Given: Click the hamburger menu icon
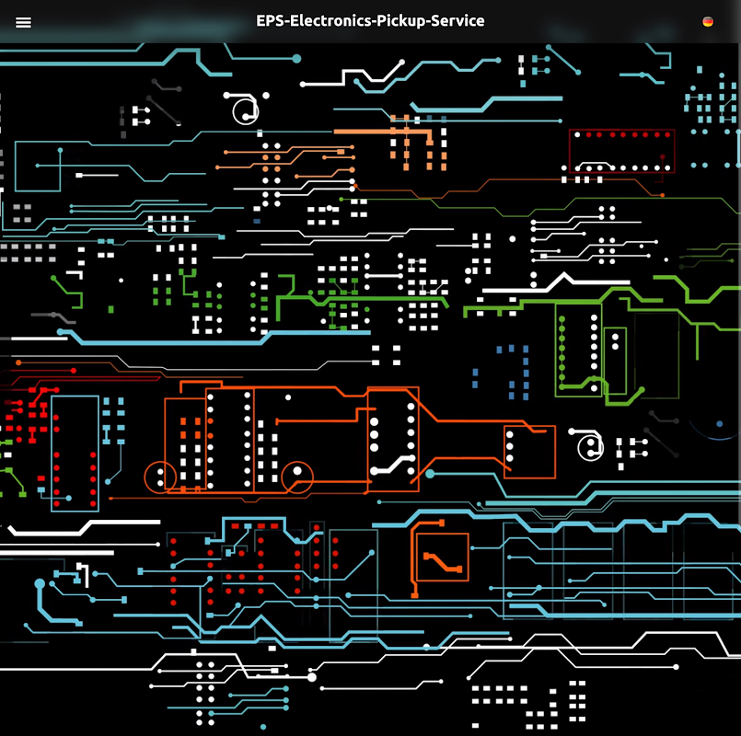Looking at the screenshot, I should point(24,22).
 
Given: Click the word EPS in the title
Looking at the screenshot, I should point(271,21).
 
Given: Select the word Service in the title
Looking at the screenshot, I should point(456,21).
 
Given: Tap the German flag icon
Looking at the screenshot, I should point(708,21).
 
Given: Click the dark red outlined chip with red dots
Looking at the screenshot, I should point(621,150).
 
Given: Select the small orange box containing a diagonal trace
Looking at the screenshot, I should point(442,558).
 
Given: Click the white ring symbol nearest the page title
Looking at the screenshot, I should point(246,109).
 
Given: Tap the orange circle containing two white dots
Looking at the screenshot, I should point(161,477).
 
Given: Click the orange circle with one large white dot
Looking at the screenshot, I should point(297,476).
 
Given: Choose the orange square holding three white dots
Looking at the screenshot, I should point(529,452).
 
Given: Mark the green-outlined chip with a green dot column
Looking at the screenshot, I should point(578,350).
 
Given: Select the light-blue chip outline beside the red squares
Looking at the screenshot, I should point(75,453).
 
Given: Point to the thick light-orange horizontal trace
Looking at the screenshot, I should point(382,132).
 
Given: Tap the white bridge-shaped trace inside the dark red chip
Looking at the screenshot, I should point(595,167).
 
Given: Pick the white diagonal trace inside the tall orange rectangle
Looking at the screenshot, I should point(397,464).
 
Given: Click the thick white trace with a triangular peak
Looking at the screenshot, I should point(562,281).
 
